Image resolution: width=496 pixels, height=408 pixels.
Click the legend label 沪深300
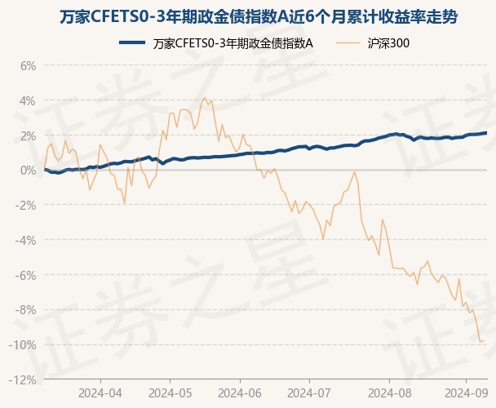click(383, 43)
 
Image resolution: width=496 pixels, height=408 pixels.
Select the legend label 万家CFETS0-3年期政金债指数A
click(232, 43)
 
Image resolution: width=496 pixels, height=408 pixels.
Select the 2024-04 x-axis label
click(100, 392)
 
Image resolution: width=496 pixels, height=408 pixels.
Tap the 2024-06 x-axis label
click(240, 392)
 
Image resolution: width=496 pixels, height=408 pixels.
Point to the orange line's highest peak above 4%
click(206, 98)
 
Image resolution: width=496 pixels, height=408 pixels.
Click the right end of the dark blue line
click(486, 132)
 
